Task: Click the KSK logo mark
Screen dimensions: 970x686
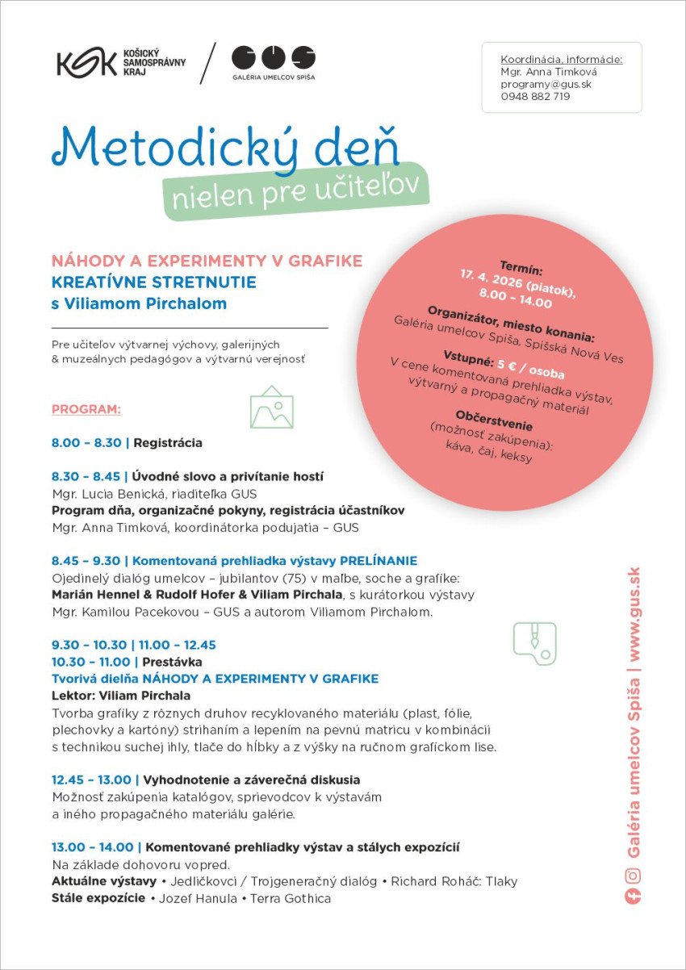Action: tap(86, 63)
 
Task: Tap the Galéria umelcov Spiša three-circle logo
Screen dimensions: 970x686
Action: tap(273, 57)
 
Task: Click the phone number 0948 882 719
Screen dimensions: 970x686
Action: tap(535, 96)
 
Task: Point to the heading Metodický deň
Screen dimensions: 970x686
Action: tap(226, 146)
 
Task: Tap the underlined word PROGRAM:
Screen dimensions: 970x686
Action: tap(86, 409)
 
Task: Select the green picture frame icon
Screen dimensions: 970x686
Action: tap(272, 407)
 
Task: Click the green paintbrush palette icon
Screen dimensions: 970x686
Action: tap(534, 642)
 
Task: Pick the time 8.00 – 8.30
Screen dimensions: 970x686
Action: tap(86, 443)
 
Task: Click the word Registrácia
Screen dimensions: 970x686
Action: tap(168, 443)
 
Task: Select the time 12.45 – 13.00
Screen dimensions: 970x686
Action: tap(92, 780)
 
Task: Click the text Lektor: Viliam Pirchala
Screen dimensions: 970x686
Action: tap(121, 696)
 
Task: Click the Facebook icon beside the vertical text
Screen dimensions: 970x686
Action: tap(634, 897)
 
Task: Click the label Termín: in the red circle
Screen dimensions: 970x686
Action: tap(521, 267)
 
